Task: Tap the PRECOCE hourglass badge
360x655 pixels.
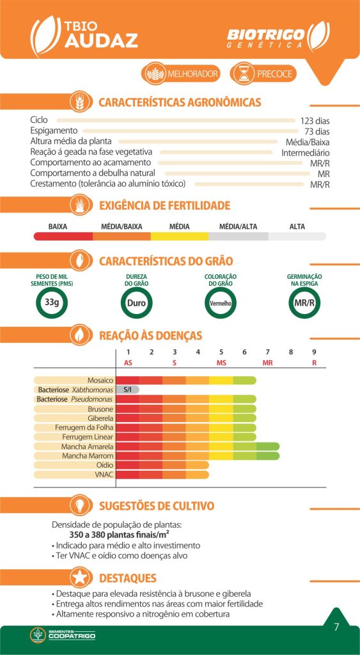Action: [x=263, y=74]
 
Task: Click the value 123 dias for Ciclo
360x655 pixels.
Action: [x=315, y=121]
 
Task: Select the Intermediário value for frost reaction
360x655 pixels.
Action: [x=305, y=153]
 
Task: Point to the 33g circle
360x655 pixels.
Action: [x=52, y=303]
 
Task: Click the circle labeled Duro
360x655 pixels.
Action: [x=136, y=303]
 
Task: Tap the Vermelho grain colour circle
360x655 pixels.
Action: [x=221, y=303]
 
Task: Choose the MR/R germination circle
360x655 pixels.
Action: [x=304, y=303]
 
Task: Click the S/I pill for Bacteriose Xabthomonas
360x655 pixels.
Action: [x=127, y=390]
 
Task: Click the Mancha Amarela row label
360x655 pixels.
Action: [x=88, y=446]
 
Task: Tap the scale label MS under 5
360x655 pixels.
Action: [x=221, y=363]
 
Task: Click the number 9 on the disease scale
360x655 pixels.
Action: [x=314, y=352]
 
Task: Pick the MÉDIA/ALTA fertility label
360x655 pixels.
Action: [x=238, y=227]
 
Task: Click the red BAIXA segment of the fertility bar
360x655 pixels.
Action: [x=63, y=237]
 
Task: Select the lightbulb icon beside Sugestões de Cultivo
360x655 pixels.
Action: [x=81, y=506]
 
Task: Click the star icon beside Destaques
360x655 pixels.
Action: [x=81, y=578]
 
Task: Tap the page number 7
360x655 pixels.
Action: [x=336, y=627]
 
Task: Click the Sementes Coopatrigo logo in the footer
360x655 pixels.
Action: [x=63, y=635]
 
